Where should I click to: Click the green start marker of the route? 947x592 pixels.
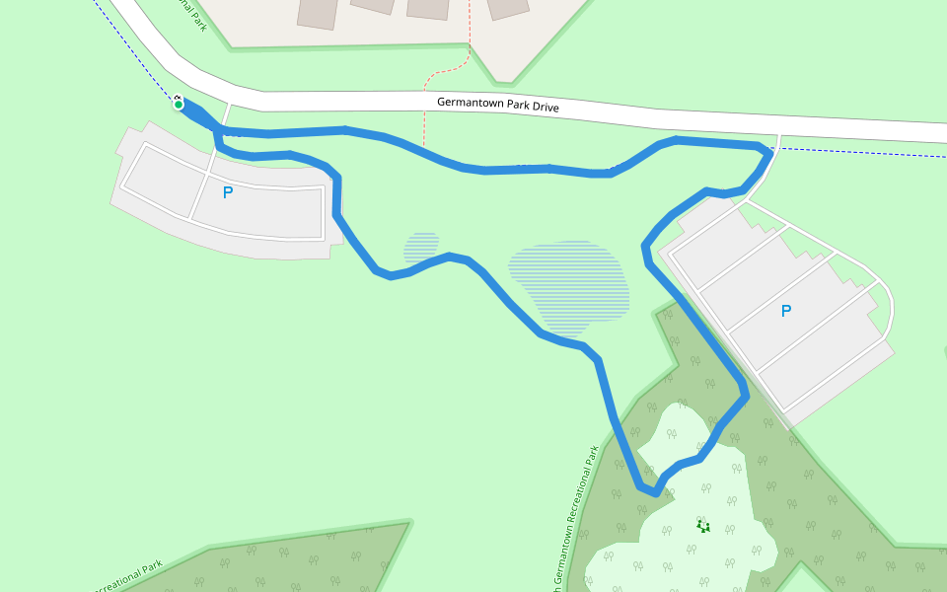point(179,104)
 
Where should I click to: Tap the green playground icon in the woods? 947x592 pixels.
point(702,525)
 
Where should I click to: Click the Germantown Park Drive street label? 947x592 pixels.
point(498,105)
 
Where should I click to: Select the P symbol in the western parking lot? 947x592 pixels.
point(228,192)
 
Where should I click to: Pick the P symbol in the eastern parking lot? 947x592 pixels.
point(786,311)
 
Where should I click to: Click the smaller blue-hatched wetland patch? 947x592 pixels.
point(422,247)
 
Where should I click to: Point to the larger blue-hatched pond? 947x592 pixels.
point(568,286)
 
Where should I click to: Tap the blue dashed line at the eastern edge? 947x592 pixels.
point(868,153)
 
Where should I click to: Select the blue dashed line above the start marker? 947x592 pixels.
point(138,54)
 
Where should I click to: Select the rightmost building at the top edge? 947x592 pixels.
point(507,8)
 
